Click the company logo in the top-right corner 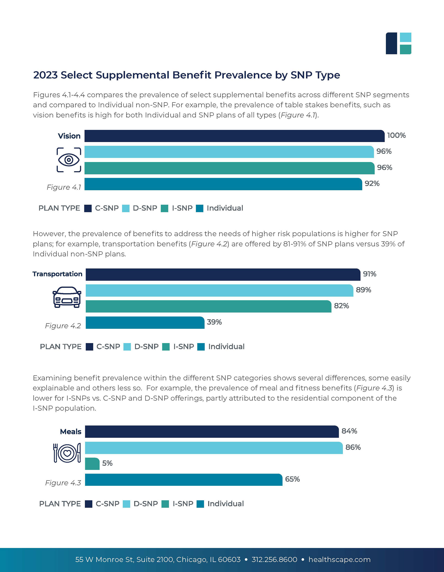(x=398, y=43)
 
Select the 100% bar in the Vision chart (x=234, y=136)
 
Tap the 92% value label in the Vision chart (x=372, y=184)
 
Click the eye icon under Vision (x=69, y=160)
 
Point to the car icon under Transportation (x=67, y=297)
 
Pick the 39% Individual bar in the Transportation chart (x=145, y=323)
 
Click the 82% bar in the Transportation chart (x=208, y=306)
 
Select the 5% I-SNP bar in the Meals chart (x=92, y=464)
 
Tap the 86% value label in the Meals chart (x=353, y=447)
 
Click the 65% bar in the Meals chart (x=183, y=480)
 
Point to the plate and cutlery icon (x=67, y=453)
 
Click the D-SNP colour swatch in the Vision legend (x=126, y=208)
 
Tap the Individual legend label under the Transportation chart (x=226, y=347)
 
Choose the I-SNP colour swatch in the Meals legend (x=165, y=504)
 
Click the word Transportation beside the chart (x=57, y=274)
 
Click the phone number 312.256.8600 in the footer (x=274, y=560)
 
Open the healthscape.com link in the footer (x=339, y=560)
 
